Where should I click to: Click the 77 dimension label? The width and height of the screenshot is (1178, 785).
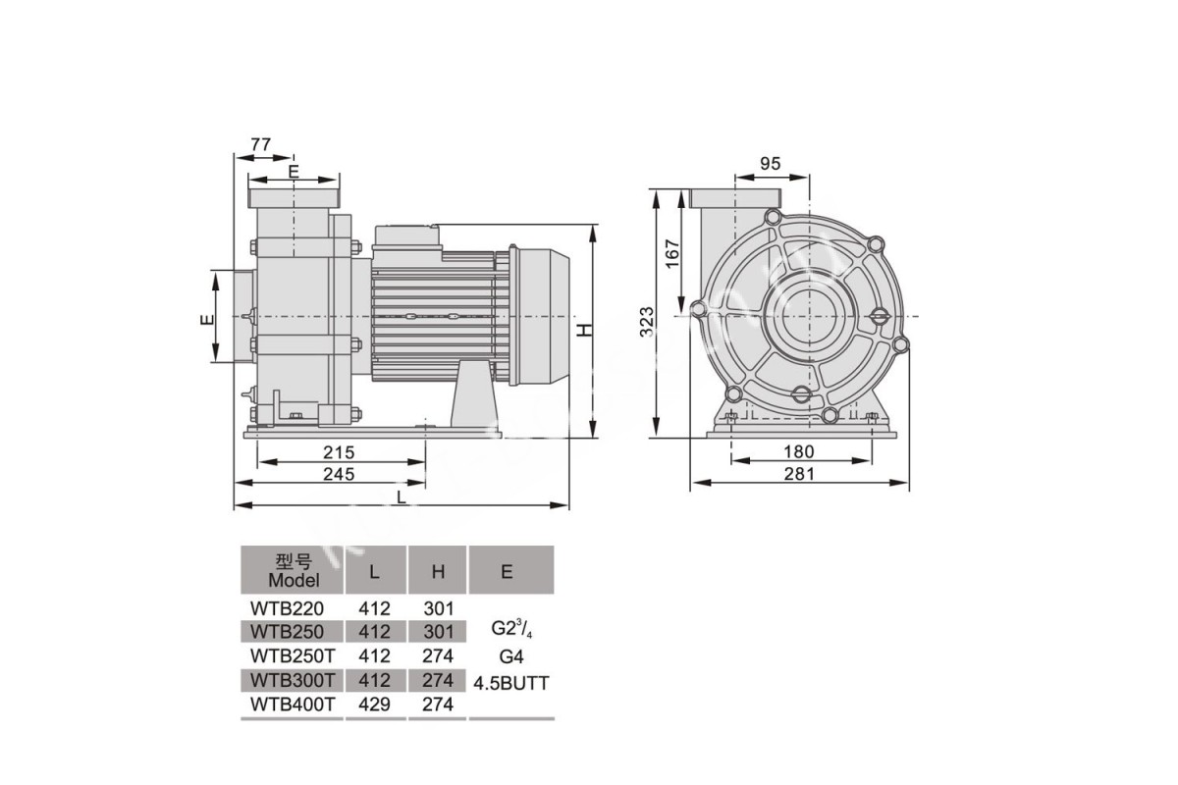click(x=261, y=144)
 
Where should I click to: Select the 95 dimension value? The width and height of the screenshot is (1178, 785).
click(x=771, y=164)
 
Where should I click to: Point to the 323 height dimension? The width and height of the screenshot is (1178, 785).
click(x=646, y=321)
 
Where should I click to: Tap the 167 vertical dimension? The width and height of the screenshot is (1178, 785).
click(x=672, y=253)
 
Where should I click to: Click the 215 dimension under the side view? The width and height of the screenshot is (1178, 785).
click(x=339, y=452)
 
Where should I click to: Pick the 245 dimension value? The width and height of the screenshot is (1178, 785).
click(x=339, y=474)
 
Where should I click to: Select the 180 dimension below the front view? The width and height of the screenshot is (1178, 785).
click(x=799, y=451)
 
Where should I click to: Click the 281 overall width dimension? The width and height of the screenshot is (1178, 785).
click(x=799, y=474)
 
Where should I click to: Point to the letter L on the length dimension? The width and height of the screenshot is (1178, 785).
click(x=402, y=497)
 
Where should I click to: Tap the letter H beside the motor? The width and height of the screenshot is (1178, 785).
click(x=585, y=330)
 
